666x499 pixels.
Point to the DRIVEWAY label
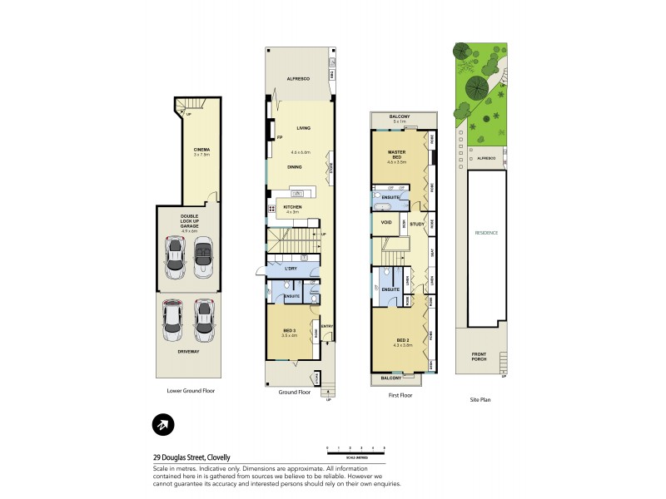pos(189,352)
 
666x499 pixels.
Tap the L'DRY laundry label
pos(291,269)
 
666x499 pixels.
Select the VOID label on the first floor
pos(385,223)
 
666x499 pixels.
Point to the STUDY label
pos(417,223)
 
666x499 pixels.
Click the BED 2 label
pos(402,341)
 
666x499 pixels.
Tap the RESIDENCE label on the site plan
pos(486,233)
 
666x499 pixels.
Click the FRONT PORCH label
pos(477,360)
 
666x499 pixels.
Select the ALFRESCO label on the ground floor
pos(298,78)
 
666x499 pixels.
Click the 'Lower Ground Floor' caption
pos(191,390)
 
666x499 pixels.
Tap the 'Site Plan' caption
pos(480,400)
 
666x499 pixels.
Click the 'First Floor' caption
pos(400,395)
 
